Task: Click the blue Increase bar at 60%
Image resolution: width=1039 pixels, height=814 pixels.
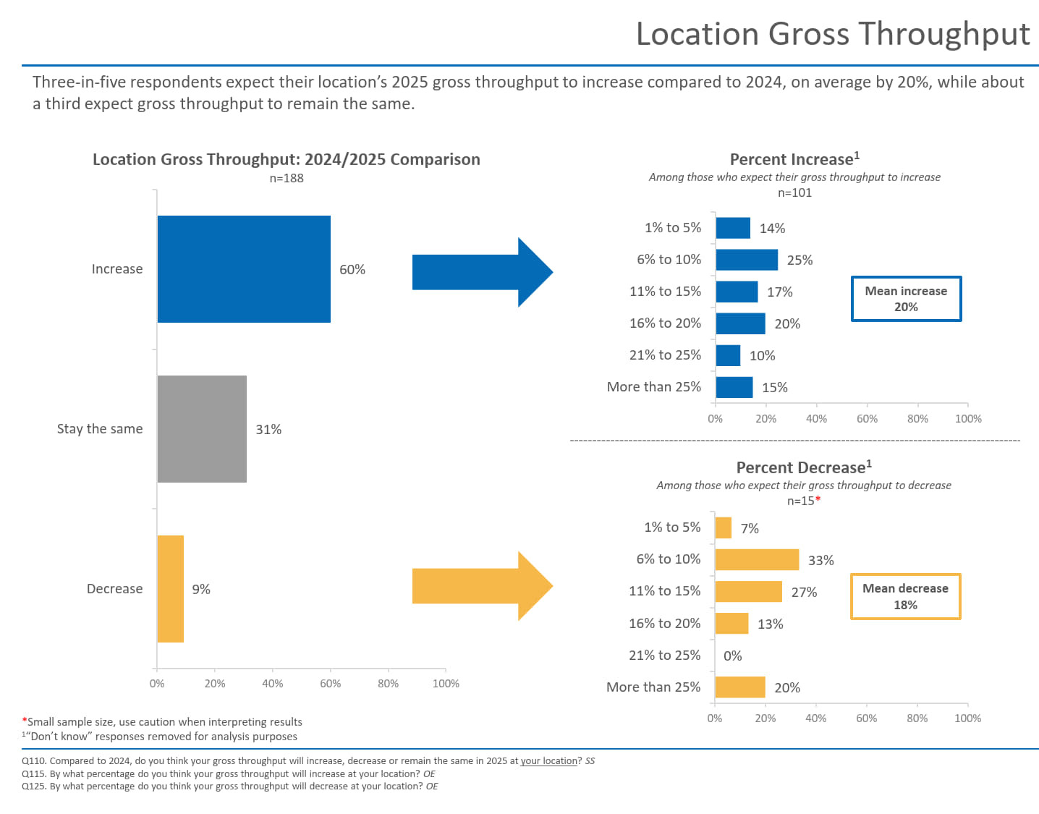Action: click(x=244, y=269)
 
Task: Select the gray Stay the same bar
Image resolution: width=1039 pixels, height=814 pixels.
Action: click(x=202, y=429)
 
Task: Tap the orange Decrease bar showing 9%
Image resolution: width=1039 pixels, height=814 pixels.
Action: click(x=171, y=589)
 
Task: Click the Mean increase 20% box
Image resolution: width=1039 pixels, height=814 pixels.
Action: click(x=906, y=299)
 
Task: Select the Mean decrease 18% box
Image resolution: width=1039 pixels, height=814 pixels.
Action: click(x=905, y=596)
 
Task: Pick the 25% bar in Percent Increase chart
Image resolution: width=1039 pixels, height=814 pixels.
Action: click(x=747, y=260)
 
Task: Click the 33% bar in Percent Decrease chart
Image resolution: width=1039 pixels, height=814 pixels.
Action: click(x=757, y=560)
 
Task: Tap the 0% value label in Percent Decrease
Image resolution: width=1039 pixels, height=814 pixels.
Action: click(x=732, y=656)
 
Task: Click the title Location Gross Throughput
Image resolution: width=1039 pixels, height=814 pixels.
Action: click(x=833, y=34)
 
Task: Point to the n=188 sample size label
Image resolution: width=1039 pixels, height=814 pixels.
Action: click(x=287, y=178)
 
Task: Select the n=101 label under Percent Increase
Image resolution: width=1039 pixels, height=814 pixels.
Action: click(x=794, y=192)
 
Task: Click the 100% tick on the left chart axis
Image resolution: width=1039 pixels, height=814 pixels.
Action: click(x=446, y=684)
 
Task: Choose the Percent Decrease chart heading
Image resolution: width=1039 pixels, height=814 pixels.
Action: click(x=804, y=467)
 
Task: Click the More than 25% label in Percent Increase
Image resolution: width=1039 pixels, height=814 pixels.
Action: click(x=654, y=387)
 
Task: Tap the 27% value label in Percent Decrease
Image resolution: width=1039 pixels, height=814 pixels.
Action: click(x=804, y=593)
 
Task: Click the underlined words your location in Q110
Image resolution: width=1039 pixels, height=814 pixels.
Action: click(x=548, y=761)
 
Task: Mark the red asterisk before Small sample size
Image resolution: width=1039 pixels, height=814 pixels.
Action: click(x=25, y=721)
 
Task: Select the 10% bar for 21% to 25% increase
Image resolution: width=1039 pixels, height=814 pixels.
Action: click(x=728, y=355)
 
